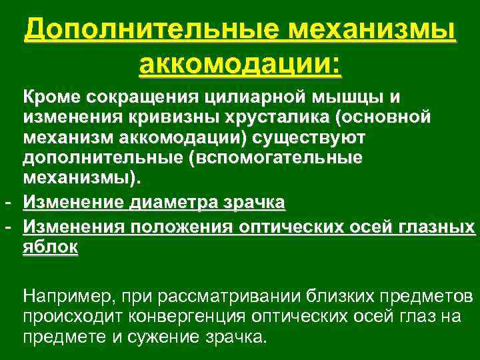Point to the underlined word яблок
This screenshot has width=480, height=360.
pos(51,246)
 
